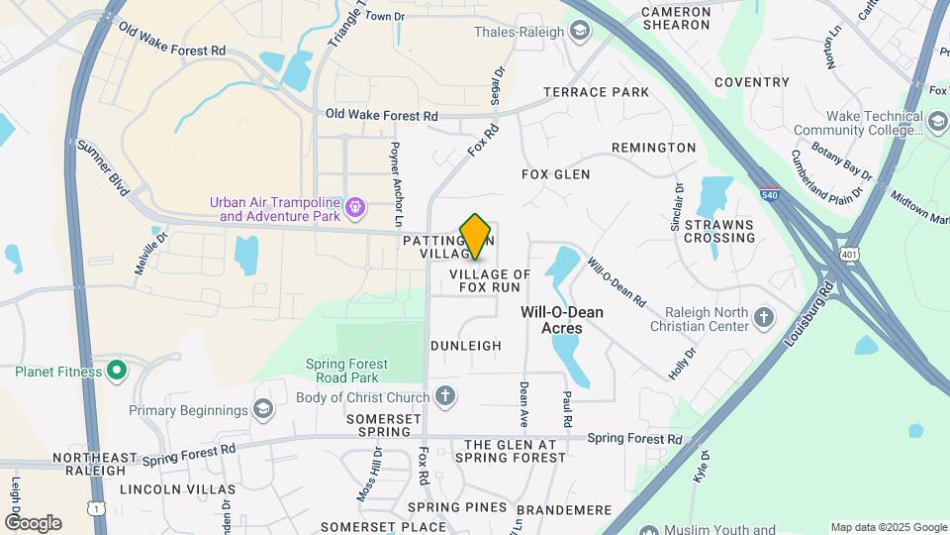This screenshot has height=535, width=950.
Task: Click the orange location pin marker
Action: pyautogui.click(x=476, y=237)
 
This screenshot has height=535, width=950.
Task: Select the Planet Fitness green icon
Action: pyautogui.click(x=117, y=372)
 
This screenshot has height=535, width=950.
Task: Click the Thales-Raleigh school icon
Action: pyautogui.click(x=579, y=32)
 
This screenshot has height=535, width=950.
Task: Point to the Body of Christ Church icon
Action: pyautogui.click(x=445, y=397)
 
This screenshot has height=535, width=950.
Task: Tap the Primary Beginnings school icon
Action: pyautogui.click(x=263, y=409)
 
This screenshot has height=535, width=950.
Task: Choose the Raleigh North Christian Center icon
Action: pyautogui.click(x=763, y=318)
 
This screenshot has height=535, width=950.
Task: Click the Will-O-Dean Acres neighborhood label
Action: pyautogui.click(x=562, y=319)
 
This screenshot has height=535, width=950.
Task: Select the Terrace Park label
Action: pyautogui.click(x=597, y=92)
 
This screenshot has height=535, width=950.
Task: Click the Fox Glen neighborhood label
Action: pyautogui.click(x=555, y=174)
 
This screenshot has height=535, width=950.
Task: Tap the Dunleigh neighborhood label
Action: pyautogui.click(x=466, y=346)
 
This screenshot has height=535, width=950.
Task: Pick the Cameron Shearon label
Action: pyautogui.click(x=676, y=19)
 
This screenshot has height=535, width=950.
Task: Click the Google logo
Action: pyautogui.click(x=32, y=522)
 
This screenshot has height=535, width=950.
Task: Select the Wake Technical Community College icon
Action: pyautogui.click(x=937, y=121)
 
